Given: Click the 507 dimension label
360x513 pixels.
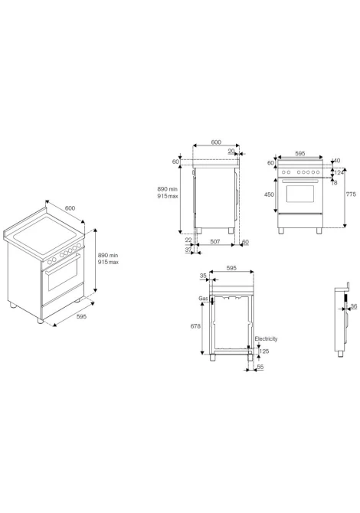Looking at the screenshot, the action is click(x=214, y=242).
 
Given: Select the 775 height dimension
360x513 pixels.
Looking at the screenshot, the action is click(x=351, y=194).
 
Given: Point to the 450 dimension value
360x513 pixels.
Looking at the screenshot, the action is click(x=269, y=194).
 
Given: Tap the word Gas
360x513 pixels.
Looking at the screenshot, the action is click(x=203, y=299).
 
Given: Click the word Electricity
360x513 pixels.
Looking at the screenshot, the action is click(x=266, y=338).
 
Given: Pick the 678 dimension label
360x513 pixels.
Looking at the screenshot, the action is click(x=195, y=326).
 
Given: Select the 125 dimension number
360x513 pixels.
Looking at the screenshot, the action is click(x=264, y=351).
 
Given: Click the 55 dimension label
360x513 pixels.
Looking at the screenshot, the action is click(x=260, y=367).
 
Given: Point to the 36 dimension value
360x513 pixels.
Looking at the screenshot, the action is click(x=354, y=306).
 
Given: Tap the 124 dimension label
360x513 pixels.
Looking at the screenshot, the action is click(x=339, y=172).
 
